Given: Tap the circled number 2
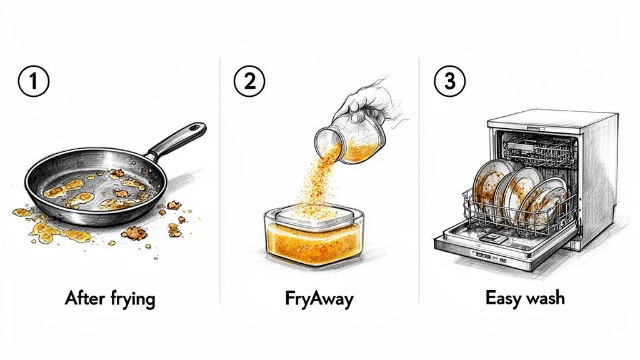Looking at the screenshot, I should (249, 84).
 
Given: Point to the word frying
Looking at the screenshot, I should (132, 299).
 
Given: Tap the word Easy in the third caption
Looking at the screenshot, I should (505, 298).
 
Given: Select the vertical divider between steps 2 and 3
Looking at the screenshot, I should (419, 181).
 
